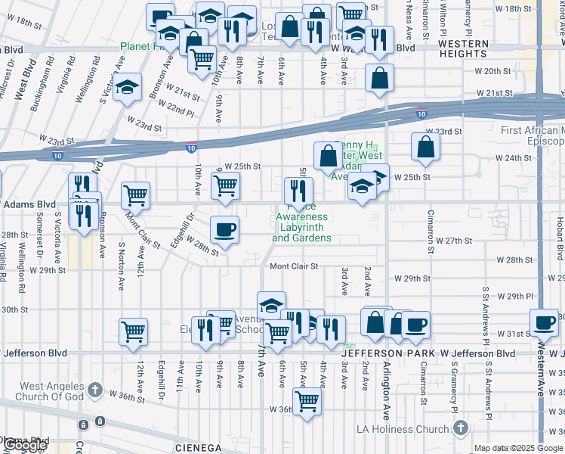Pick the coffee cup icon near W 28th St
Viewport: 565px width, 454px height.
[224, 229]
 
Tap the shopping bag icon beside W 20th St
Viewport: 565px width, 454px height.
[379, 77]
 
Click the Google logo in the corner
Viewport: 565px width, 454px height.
[24, 445]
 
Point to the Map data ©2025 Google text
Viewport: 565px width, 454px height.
[517, 448]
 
